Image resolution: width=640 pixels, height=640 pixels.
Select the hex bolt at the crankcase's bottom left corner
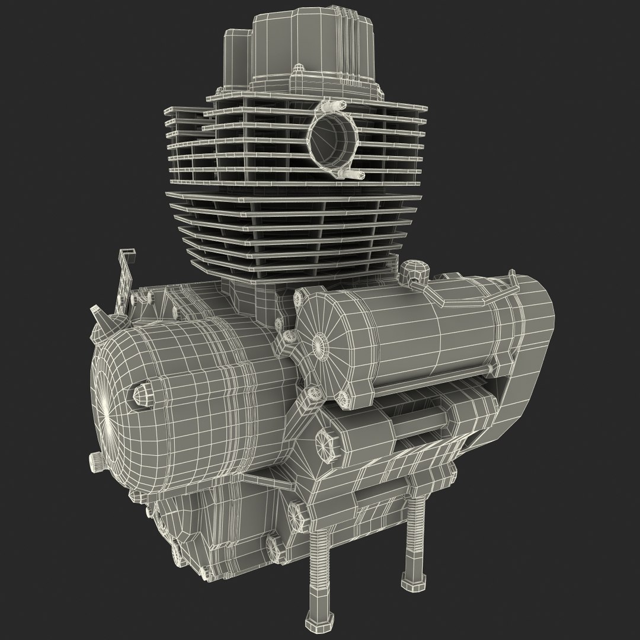coord(178,554)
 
